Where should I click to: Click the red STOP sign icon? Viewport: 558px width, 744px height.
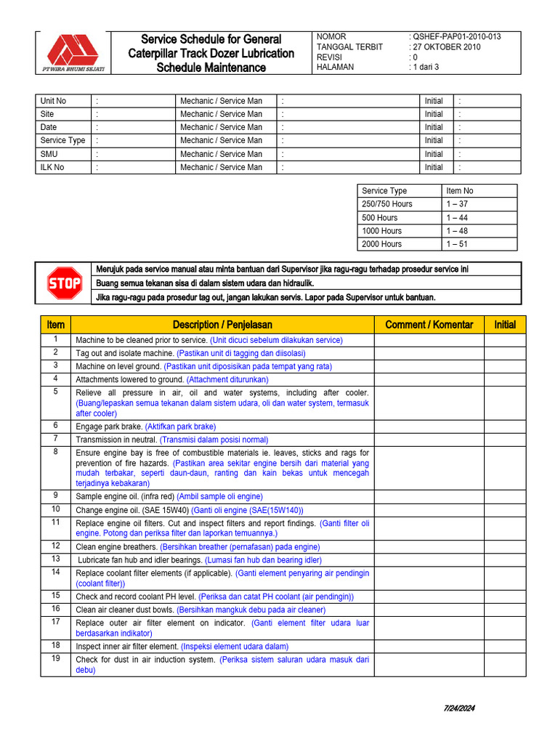pos(65,283)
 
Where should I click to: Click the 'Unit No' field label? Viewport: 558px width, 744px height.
pos(53,101)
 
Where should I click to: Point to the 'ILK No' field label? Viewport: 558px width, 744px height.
pos(52,167)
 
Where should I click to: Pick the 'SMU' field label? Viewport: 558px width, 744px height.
pos(49,154)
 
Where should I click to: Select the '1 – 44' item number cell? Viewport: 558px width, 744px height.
pos(458,217)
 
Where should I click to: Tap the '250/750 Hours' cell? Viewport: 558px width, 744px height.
pos(387,204)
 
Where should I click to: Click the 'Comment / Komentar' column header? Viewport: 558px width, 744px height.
pos(429,325)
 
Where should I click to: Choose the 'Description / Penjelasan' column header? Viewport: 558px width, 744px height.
pos(222,325)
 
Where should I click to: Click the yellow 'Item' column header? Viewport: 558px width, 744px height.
pos(55,325)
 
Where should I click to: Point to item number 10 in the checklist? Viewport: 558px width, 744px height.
pos(55,509)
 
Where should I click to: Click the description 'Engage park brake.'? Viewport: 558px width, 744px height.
pos(109,426)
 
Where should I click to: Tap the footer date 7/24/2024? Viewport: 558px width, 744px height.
pos(459,708)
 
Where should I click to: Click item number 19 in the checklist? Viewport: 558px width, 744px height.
pos(55,658)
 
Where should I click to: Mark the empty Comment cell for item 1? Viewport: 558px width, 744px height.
pos(429,340)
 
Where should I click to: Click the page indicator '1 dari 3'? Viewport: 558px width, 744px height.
pos(426,67)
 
